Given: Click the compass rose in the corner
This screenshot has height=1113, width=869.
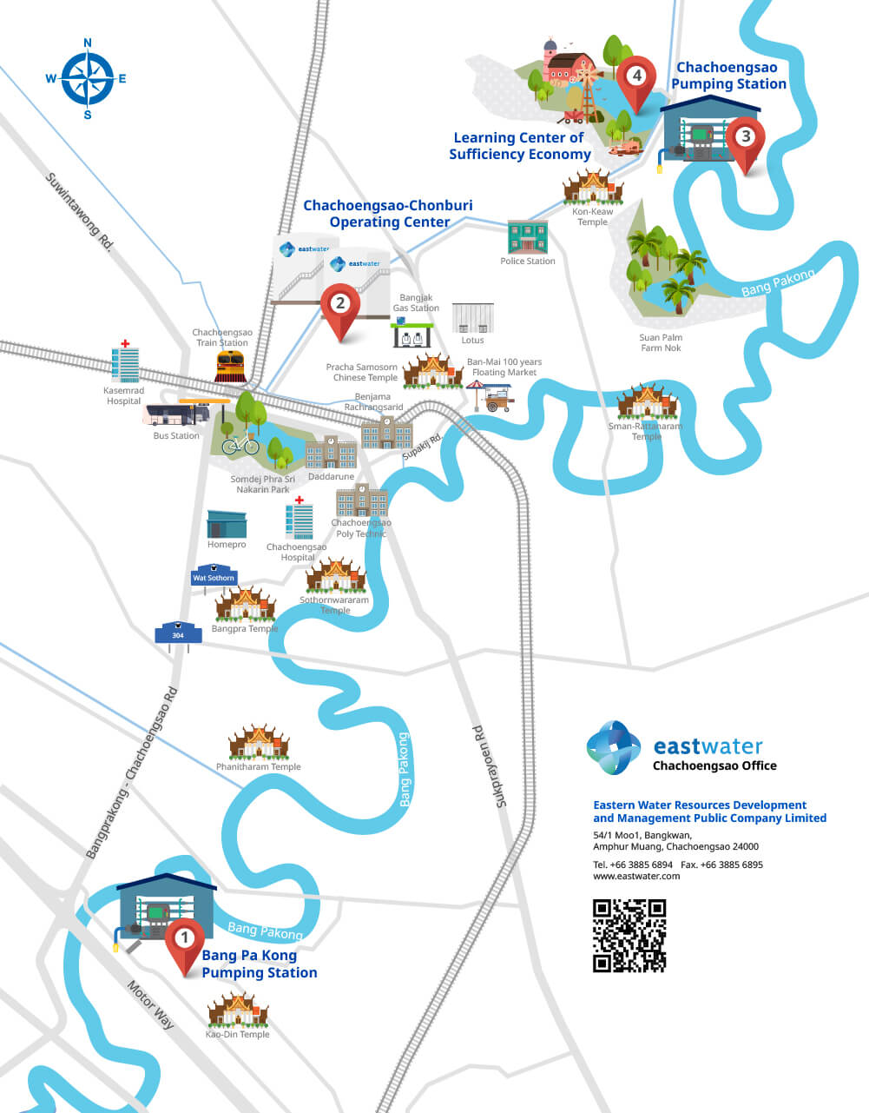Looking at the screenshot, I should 88,78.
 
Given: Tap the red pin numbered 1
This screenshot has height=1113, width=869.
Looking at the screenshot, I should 184,942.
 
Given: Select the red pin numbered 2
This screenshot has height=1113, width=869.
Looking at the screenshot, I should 340,306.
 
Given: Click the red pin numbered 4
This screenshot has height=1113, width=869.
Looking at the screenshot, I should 637,79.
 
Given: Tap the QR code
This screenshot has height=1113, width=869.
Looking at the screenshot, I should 629,935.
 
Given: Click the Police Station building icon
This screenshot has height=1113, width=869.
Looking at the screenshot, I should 527,237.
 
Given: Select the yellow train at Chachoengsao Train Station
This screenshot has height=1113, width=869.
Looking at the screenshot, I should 229,367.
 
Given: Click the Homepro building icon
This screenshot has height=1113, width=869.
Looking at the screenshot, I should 227,524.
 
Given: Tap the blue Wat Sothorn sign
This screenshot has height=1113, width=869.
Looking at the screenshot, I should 214,577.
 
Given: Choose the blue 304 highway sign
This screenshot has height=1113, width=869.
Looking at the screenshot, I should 178,633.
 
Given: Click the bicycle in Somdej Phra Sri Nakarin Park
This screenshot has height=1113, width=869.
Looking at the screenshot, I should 240,445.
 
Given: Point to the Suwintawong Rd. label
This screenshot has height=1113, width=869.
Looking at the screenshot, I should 80,212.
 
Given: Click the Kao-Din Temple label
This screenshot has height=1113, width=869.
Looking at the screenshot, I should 237,1035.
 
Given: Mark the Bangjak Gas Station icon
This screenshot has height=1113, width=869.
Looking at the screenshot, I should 413,334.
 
